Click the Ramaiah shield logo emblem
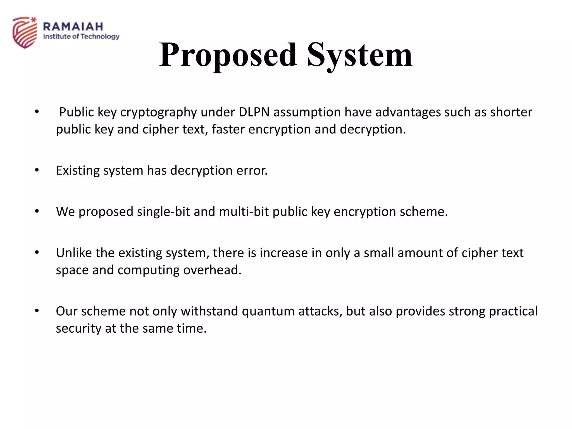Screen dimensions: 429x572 pos(25,32)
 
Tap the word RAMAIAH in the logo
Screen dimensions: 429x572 pos(73,27)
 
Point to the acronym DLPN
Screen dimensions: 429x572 pos(254,112)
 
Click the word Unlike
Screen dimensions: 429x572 pos(74,253)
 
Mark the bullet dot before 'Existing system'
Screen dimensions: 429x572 pos(37,170)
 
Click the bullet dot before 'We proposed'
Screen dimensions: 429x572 pos(37,211)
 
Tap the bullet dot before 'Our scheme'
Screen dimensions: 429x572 pos(37,311)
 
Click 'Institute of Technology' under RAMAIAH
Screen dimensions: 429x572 pos(81,37)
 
